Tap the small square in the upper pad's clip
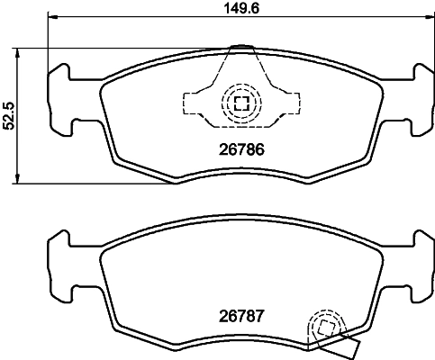coord(240,102)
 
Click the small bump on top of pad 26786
coord(240,48)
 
